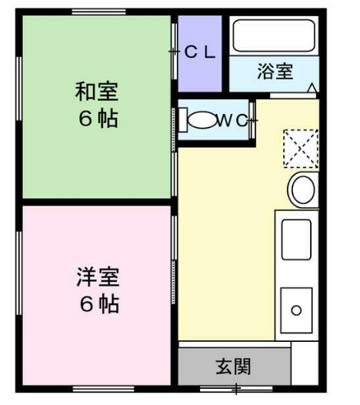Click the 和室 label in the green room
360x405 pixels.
tap(96, 92)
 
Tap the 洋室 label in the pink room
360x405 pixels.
tap(98, 275)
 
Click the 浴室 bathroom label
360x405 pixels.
tap(275, 72)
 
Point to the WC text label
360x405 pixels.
tap(232, 120)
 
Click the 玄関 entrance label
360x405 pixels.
tap(232, 365)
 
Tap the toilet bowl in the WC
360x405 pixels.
tap(202, 121)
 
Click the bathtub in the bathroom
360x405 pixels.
tap(274, 35)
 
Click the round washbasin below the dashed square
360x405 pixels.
tap(302, 189)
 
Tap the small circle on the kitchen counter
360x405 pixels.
tap(295, 312)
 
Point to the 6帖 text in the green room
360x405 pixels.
tap(97, 120)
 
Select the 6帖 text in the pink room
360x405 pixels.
tap(98, 303)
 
